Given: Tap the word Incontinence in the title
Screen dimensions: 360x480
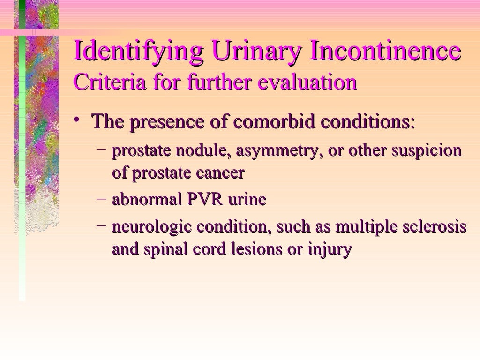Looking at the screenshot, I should click(385, 52).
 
